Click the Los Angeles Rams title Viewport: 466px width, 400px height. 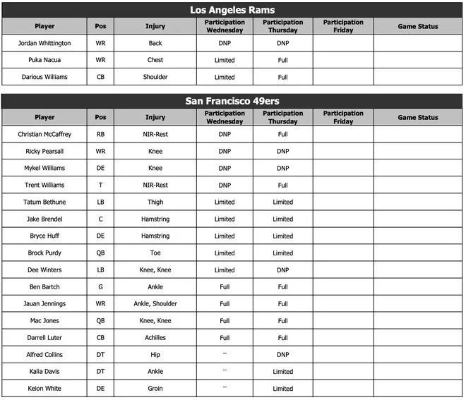point(232,10)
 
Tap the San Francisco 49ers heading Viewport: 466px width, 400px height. point(232,101)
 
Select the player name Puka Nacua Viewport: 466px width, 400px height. point(44,60)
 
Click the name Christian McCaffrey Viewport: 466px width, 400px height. point(44,134)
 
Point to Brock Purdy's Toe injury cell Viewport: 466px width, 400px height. point(155,253)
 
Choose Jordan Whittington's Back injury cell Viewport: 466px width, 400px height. point(155,43)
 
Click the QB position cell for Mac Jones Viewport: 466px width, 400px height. point(100,320)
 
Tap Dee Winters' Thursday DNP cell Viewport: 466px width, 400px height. point(282,269)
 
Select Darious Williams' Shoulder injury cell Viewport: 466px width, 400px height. point(155,77)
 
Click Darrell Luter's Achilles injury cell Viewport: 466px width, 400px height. point(155,337)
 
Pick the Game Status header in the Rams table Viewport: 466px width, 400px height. point(417,26)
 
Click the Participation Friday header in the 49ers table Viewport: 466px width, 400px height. point(343,117)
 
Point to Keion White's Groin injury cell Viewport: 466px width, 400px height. point(155,388)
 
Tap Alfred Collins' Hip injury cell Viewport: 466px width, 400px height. point(155,354)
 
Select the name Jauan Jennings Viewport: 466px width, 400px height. point(44,303)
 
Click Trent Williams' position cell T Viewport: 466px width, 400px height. point(100,185)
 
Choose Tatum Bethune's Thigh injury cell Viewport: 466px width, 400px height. point(155,202)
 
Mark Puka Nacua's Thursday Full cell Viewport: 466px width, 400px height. point(282,60)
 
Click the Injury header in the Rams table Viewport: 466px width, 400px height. point(155,26)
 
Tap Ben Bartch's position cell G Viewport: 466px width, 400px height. point(100,286)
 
